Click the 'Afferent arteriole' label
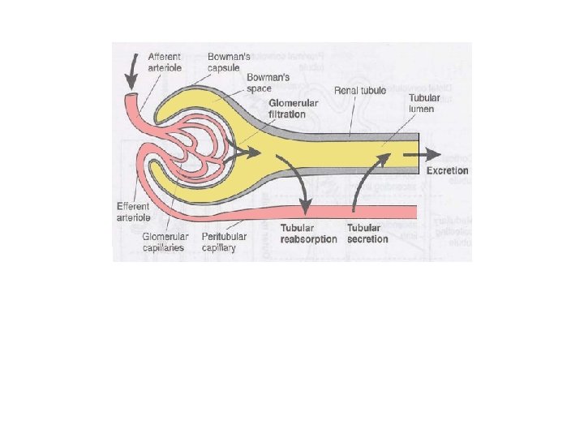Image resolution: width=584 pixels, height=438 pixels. click(x=165, y=62)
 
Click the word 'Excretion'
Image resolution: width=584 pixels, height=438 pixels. click(x=444, y=171)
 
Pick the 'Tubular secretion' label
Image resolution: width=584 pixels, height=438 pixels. click(x=367, y=234)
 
